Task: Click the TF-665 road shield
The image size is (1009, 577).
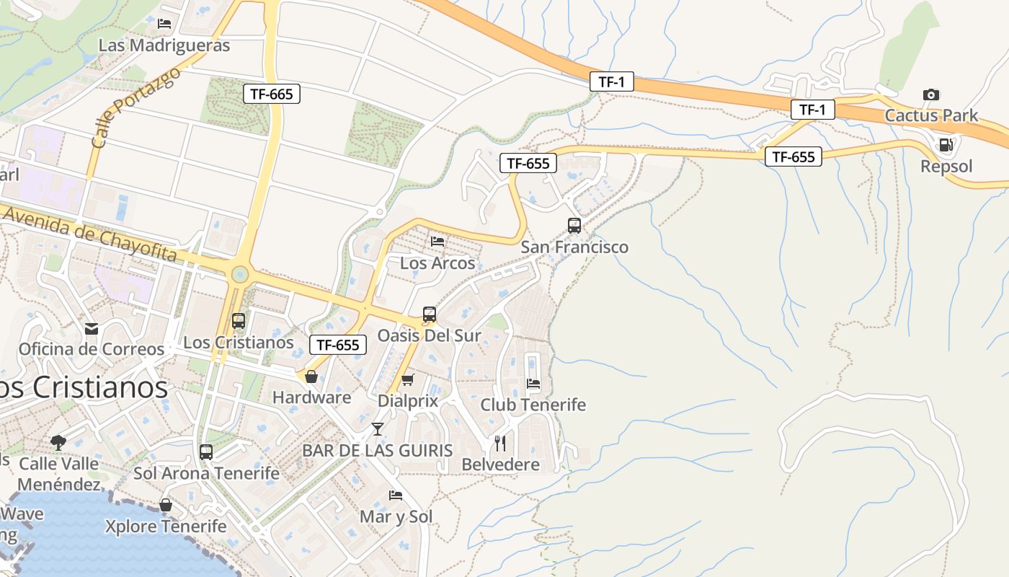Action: pos(271,93)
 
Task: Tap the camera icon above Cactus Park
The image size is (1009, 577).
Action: pos(931,94)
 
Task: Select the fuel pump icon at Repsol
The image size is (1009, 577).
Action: pos(946,145)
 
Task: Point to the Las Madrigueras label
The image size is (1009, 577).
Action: pos(164,45)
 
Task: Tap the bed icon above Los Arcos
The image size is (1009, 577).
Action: pos(437,241)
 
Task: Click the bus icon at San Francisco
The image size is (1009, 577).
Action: pos(574,225)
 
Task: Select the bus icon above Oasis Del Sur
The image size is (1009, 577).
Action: pos(430,314)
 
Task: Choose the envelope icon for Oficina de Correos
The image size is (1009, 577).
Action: pos(92,329)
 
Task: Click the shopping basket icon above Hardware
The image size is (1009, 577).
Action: pos(311,376)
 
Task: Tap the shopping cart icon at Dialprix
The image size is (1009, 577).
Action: pos(408,379)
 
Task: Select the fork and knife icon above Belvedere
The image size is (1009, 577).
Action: pos(500,443)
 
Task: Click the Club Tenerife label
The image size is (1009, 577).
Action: pos(533,405)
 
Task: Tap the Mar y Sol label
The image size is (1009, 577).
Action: pos(396,516)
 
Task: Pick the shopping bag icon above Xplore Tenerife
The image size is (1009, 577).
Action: pos(166,505)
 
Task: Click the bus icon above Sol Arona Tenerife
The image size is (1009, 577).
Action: pos(206,452)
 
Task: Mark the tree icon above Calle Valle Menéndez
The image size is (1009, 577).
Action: pos(58,442)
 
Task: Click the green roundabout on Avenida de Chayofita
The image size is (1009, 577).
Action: pos(240,274)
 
